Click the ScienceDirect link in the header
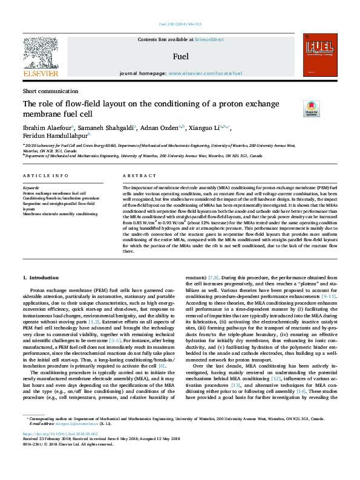click(x=209, y=39)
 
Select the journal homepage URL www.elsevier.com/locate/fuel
click(x=205, y=73)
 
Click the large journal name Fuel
click(x=180, y=57)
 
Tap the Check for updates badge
click(x=312, y=109)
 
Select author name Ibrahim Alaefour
click(x=46, y=128)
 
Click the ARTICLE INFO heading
click(x=45, y=175)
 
